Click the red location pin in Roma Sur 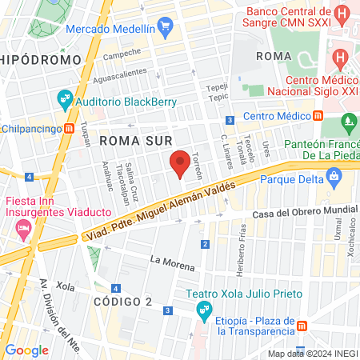pyautogui.click(x=180, y=162)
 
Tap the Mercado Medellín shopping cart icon pyautogui.click(x=166, y=26)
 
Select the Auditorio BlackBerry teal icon pyautogui.click(x=65, y=102)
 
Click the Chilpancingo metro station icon pyautogui.click(x=70, y=128)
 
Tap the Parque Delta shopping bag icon pyautogui.click(x=334, y=177)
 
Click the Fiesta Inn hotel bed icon pyautogui.click(x=22, y=230)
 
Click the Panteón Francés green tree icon pyautogui.click(x=348, y=123)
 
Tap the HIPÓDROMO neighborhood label pyautogui.click(x=41, y=60)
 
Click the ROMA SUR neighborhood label pyautogui.click(x=131, y=140)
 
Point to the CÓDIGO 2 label pyautogui.click(x=122, y=301)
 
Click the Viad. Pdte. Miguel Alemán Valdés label pyautogui.click(x=160, y=210)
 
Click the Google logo pyautogui.click(x=26, y=350)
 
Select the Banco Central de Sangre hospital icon pyautogui.click(x=342, y=14)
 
